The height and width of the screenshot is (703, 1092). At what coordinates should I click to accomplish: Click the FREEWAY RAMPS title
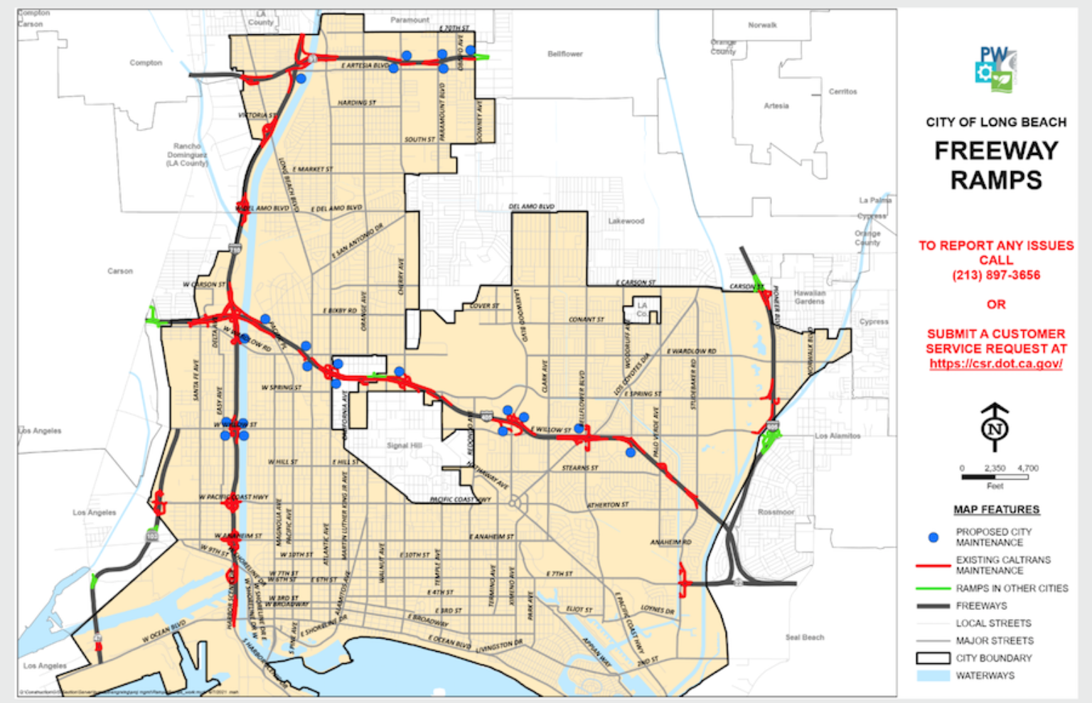[x=996, y=165]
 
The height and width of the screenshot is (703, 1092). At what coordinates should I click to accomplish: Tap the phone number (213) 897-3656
[x=996, y=275]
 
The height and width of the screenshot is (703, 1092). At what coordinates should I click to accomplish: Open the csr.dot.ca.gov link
[x=996, y=364]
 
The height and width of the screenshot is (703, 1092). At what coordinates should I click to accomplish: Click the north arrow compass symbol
[x=995, y=427]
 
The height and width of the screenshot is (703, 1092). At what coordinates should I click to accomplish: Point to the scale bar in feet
[x=995, y=477]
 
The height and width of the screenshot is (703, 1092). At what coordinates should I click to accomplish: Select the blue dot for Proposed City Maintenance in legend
[x=933, y=537]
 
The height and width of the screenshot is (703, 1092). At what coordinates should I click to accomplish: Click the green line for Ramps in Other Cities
[x=933, y=589]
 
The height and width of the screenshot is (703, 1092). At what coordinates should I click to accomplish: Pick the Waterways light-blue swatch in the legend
[x=933, y=676]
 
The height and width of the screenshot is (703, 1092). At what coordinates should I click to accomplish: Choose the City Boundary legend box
[x=933, y=658]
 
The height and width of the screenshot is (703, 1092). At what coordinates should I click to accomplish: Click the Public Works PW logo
[x=996, y=70]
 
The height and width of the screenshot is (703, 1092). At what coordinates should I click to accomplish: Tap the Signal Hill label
[x=405, y=446]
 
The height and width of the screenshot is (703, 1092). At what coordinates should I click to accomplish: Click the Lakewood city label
[x=626, y=221]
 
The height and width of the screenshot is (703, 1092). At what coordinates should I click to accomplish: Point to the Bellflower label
[x=565, y=54]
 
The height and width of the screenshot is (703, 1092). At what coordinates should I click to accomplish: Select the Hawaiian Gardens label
[x=810, y=297]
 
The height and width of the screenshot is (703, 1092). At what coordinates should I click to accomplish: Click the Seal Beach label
[x=805, y=638]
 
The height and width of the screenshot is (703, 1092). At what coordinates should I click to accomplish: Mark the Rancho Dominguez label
[x=187, y=154]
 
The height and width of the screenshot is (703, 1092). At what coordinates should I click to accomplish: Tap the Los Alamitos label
[x=837, y=436]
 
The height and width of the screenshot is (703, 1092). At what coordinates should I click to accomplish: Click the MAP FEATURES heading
[x=996, y=510]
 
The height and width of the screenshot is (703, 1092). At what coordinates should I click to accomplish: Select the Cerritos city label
[x=842, y=92]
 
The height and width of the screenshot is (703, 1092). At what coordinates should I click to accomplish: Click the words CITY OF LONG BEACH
[x=996, y=122]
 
